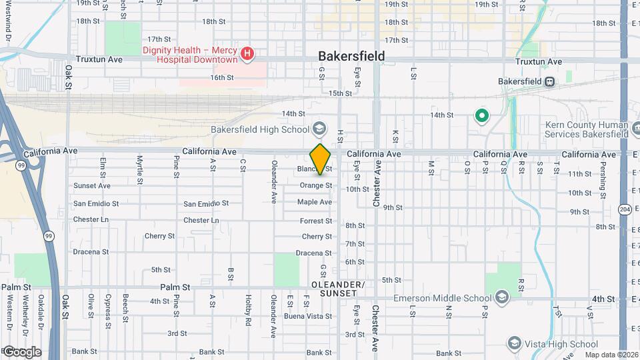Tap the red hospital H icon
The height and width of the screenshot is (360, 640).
[x=247, y=53]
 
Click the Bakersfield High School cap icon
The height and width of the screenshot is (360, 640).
[x=319, y=129]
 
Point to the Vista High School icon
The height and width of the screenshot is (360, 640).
[x=514, y=343]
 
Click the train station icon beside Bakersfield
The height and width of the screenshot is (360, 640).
[x=550, y=81]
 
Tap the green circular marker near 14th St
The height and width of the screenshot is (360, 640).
[x=481, y=117]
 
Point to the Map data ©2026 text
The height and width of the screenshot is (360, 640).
[x=610, y=355]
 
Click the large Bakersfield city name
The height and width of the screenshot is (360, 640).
[x=351, y=56]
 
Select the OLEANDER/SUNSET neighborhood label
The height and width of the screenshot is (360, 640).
[x=338, y=289]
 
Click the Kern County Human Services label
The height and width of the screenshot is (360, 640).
[x=587, y=129]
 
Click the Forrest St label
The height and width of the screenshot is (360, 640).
[x=315, y=221]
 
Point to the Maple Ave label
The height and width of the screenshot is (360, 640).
[x=314, y=202]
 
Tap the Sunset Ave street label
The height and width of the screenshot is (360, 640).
[x=92, y=186]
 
